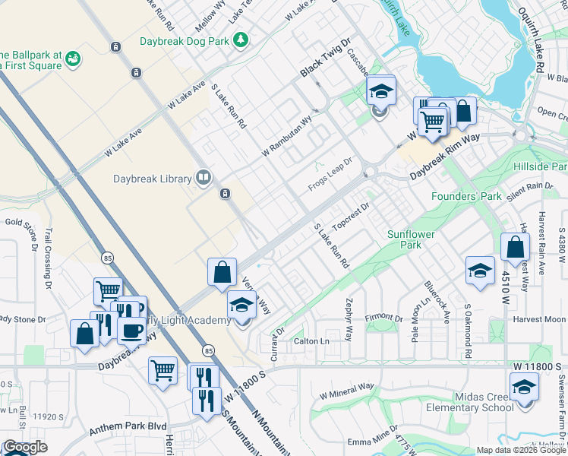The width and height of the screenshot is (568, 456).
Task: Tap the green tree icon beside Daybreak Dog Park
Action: tap(241, 39)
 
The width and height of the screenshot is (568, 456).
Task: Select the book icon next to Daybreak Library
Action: tap(203, 179)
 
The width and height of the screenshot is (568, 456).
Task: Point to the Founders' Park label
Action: tap(466, 196)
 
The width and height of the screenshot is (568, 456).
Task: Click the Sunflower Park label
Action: tap(410, 239)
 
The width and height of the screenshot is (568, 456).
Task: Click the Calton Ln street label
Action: tap(311, 341)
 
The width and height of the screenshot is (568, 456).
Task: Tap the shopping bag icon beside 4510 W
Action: tap(515, 248)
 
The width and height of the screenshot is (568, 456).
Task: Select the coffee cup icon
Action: tap(133, 331)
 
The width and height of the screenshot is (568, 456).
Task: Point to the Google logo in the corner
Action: tap(25, 447)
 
